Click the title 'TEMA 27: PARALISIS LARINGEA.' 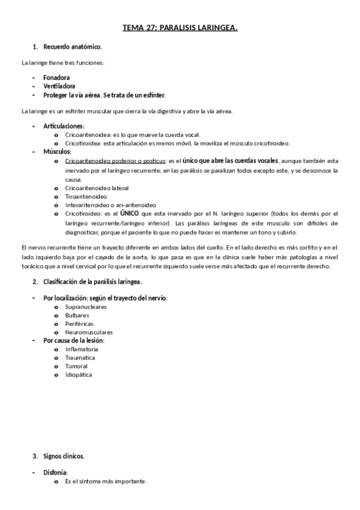click(180, 28)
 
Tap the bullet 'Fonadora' click(56, 78)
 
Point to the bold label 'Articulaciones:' click(64, 126)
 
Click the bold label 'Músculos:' click(58, 152)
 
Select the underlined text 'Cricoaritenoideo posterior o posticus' click(115, 161)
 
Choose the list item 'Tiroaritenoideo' click(86, 196)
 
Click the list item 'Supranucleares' click(86, 307)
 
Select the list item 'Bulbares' click(78, 315)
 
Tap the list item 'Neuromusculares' click(89, 332)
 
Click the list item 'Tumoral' click(76, 366)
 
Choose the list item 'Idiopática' click(79, 374)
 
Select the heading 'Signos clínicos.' click(64, 456)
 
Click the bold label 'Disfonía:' click(55, 473)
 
